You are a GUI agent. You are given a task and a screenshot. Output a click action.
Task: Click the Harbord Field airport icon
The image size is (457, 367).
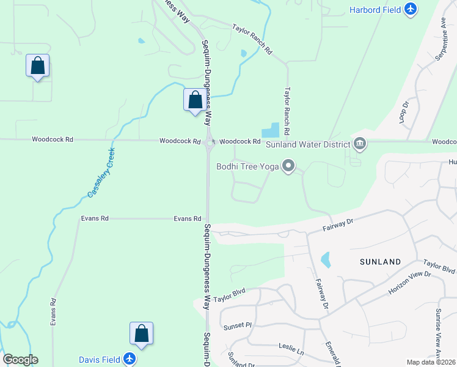[x=410, y=9]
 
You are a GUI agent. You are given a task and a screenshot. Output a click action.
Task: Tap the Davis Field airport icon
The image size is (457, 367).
[x=129, y=359]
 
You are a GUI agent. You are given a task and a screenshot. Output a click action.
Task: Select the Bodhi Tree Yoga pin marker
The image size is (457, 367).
[x=288, y=166]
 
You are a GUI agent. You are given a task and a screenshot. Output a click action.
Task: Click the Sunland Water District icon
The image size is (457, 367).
[x=360, y=144]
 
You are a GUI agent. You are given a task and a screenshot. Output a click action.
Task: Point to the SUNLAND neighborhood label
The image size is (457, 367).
[x=380, y=262]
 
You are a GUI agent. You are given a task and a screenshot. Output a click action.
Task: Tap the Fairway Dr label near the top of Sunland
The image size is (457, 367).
[x=338, y=226]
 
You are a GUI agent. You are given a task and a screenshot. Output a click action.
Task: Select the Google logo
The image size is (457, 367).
[x=20, y=360]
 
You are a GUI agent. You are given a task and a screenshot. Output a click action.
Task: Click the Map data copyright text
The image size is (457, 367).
[x=431, y=362]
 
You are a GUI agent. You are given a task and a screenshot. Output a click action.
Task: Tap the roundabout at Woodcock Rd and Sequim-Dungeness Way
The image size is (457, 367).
[x=210, y=144]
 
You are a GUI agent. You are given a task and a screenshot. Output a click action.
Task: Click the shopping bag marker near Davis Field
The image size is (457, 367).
[x=141, y=333]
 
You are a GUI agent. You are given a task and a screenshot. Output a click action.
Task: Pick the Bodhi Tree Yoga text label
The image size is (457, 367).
[x=247, y=166]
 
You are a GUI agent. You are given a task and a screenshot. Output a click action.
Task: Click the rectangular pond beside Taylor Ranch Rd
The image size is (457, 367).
[x=270, y=130]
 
